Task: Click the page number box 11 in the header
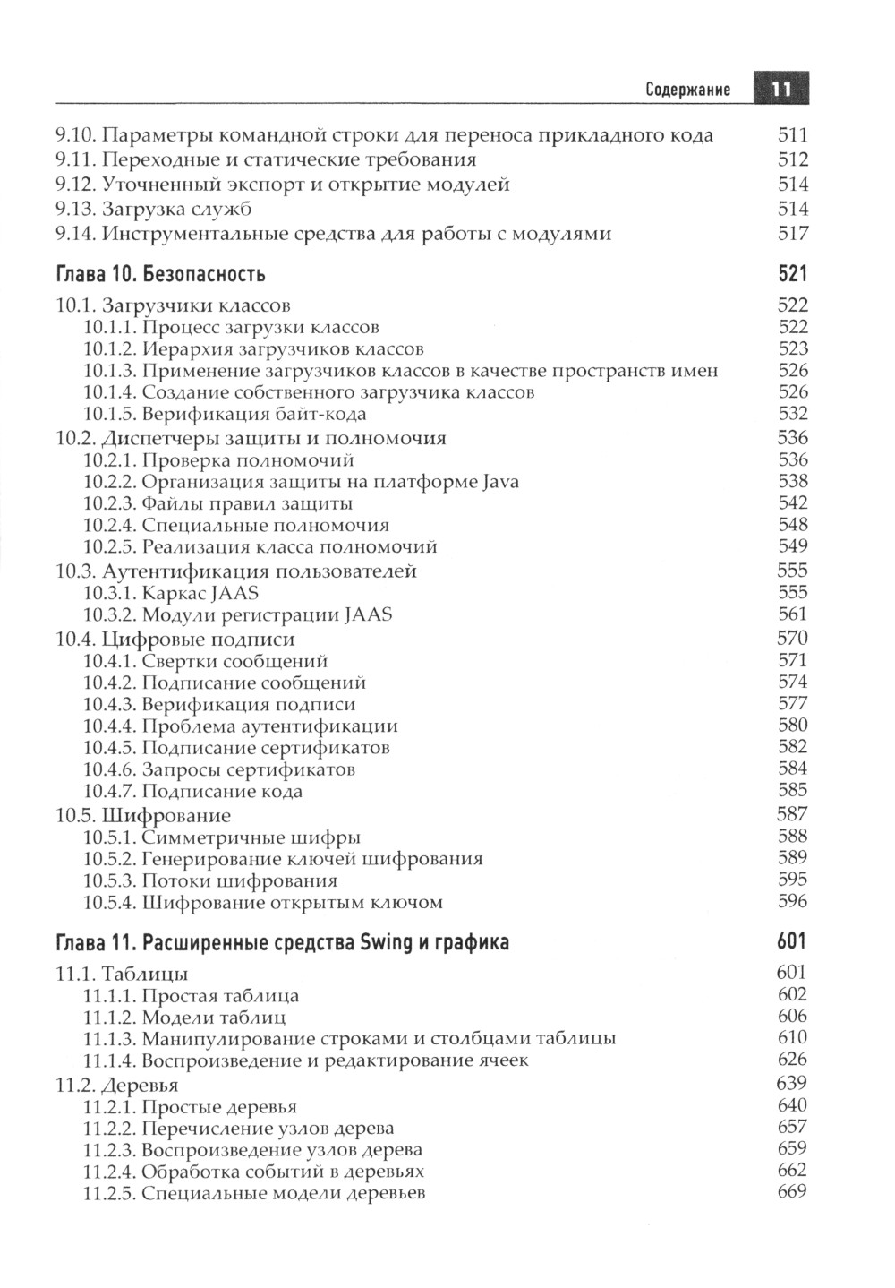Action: [x=780, y=89]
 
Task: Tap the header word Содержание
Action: [x=687, y=90]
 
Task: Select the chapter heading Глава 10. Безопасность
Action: [x=160, y=273]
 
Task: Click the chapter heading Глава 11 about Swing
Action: [x=282, y=941]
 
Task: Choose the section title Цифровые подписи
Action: [x=199, y=639]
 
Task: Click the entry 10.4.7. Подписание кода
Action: [x=193, y=791]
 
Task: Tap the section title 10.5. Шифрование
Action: [x=143, y=815]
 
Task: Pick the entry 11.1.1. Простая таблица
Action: [x=192, y=996]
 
